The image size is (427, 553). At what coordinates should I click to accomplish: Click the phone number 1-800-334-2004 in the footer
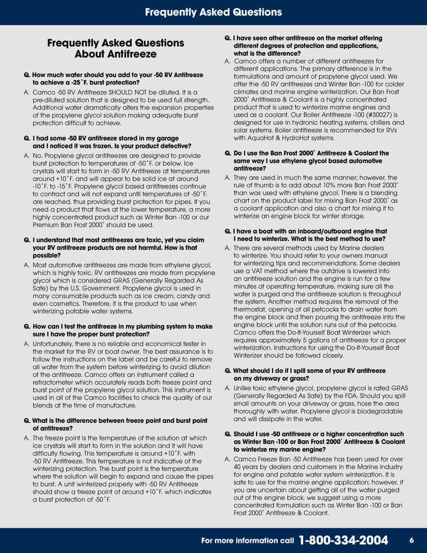[344, 541]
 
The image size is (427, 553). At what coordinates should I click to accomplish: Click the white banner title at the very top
[213, 12]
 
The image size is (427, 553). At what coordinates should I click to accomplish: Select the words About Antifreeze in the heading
[115, 54]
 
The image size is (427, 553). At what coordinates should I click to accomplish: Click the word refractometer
[54, 382]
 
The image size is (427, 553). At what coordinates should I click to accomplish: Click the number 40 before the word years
[238, 467]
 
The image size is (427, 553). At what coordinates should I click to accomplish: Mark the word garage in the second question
[167, 138]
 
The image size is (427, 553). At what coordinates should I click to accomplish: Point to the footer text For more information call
[248, 541]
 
